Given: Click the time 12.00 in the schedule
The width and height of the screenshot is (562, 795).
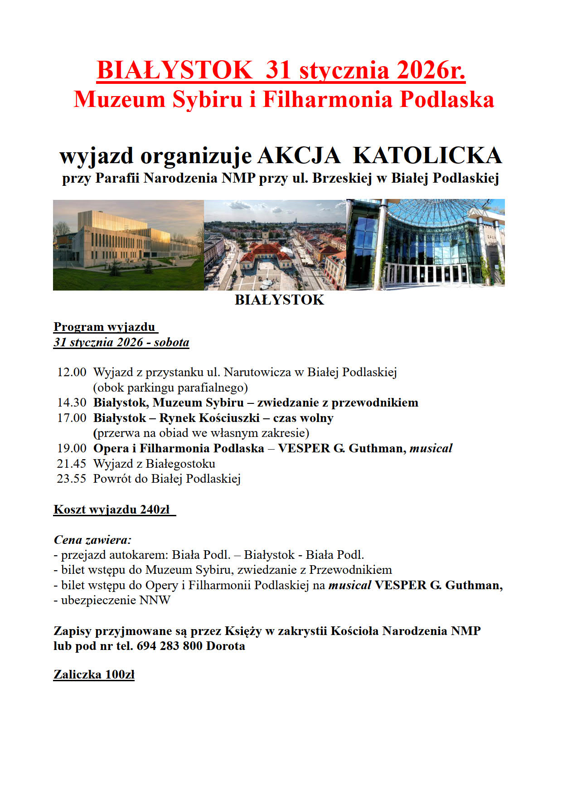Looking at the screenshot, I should [71, 372].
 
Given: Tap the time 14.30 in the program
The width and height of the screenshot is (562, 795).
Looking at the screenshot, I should [71, 402].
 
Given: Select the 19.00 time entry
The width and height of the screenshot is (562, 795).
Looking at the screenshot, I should [71, 448].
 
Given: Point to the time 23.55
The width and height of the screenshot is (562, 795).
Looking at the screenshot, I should [71, 479].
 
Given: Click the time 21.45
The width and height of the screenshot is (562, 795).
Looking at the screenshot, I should [71, 464].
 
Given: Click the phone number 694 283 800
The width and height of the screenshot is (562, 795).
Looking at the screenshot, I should [169, 646].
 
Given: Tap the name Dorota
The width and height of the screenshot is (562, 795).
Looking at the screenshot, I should [226, 646].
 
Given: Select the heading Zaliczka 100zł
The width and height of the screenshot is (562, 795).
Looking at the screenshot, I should [94, 674].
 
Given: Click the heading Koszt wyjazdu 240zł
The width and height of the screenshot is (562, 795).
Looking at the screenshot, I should [114, 509].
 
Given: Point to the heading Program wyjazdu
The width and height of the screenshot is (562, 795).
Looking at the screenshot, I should [105, 327].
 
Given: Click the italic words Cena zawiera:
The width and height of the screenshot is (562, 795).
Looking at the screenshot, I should [92, 540].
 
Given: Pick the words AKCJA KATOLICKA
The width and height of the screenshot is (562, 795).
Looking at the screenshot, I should [380, 155].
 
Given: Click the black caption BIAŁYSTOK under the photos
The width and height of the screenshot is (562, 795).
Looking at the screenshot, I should [279, 300].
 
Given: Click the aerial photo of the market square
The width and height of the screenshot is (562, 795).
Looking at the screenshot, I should [275, 245].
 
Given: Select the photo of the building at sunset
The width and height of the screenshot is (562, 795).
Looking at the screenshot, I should [128, 245].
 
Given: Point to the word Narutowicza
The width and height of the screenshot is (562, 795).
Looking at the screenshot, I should [257, 372].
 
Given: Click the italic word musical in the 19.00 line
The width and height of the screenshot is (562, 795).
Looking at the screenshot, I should [431, 448].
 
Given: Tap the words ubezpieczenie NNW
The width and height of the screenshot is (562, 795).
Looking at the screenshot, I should [116, 600].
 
